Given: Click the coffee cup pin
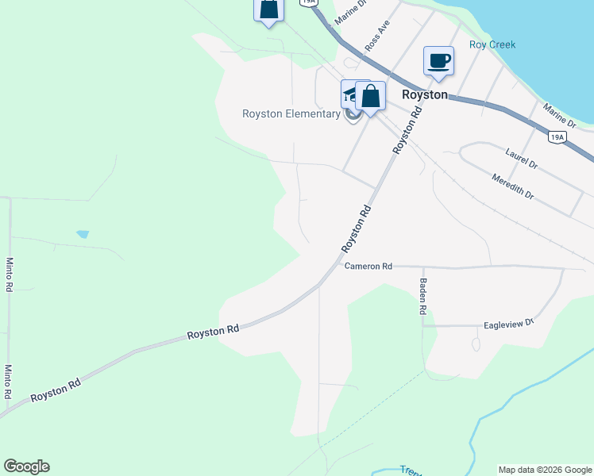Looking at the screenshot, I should (438, 61).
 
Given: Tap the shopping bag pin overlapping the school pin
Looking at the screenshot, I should (370, 96).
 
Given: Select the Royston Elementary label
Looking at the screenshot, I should (291, 113).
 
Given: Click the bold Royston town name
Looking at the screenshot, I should (425, 94).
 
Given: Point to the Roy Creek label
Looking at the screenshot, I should (492, 45).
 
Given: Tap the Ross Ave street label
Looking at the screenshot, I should (378, 36).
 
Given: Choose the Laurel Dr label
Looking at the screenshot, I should (522, 158).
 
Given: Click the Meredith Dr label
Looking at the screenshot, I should (513, 186).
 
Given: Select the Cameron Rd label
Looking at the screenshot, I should (368, 267).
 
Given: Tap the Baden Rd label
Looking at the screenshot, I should (423, 297).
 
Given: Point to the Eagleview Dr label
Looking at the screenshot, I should (510, 324).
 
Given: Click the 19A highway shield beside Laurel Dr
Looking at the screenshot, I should (557, 137).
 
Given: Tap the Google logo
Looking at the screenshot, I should (26, 466).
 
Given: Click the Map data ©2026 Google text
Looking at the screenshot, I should (545, 470).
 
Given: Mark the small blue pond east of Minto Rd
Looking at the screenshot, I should (83, 234).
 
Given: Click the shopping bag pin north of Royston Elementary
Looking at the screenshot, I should (269, 10).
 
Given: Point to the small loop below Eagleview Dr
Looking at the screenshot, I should (476, 344).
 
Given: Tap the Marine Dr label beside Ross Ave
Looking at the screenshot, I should (350, 10).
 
